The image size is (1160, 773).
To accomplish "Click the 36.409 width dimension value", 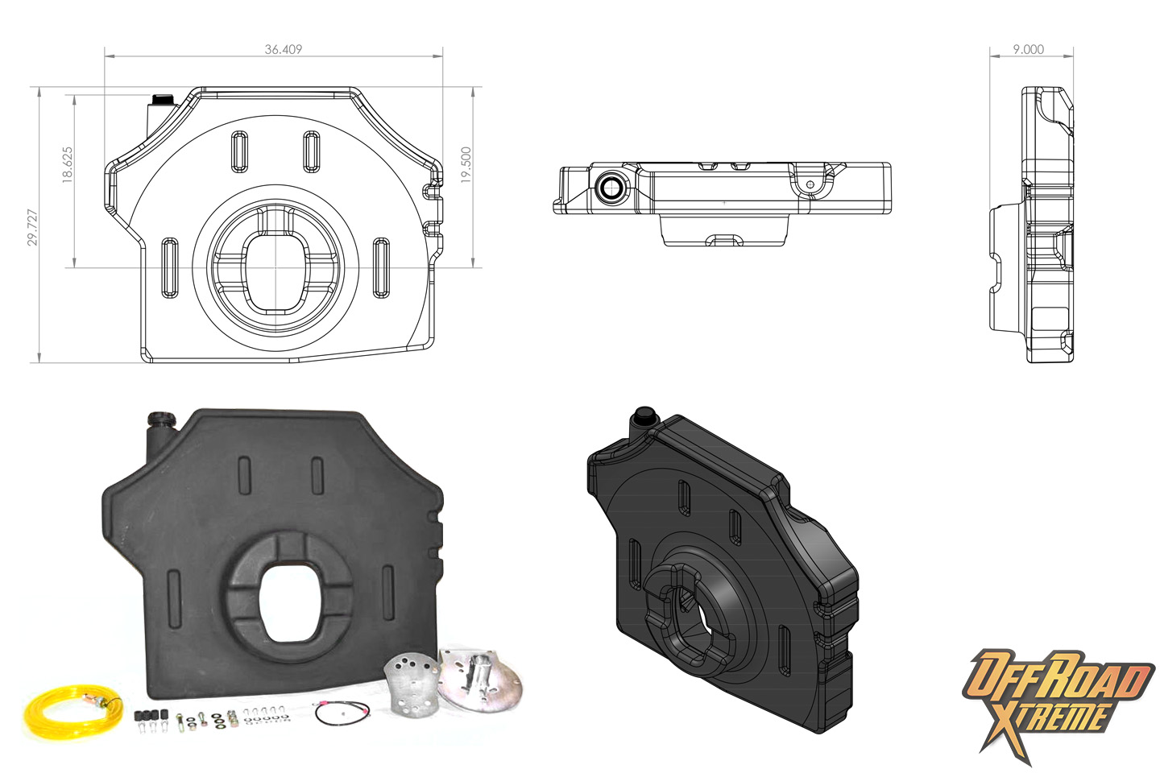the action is (x=284, y=49).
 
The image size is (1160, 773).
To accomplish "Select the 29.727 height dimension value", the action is (x=32, y=227).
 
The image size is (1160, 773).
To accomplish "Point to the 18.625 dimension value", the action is (x=68, y=165).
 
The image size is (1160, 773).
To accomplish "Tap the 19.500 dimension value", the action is (x=466, y=165).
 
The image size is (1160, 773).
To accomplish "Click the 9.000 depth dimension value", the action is (x=1029, y=49).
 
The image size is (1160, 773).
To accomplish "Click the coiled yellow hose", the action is (x=73, y=711).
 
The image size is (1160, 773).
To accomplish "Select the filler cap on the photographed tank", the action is (x=163, y=419).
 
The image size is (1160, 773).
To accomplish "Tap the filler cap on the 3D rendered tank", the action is (x=644, y=414).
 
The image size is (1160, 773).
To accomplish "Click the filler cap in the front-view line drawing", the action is (x=163, y=99).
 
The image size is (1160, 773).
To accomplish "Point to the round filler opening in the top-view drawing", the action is (x=611, y=187).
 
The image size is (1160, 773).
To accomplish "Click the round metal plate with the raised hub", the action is (x=479, y=678).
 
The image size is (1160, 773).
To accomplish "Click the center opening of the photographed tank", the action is (x=290, y=602).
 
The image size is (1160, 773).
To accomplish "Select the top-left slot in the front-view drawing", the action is (x=240, y=151).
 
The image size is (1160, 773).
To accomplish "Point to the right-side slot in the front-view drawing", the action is (x=381, y=268).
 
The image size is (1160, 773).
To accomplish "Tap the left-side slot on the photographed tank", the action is (x=174, y=595).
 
